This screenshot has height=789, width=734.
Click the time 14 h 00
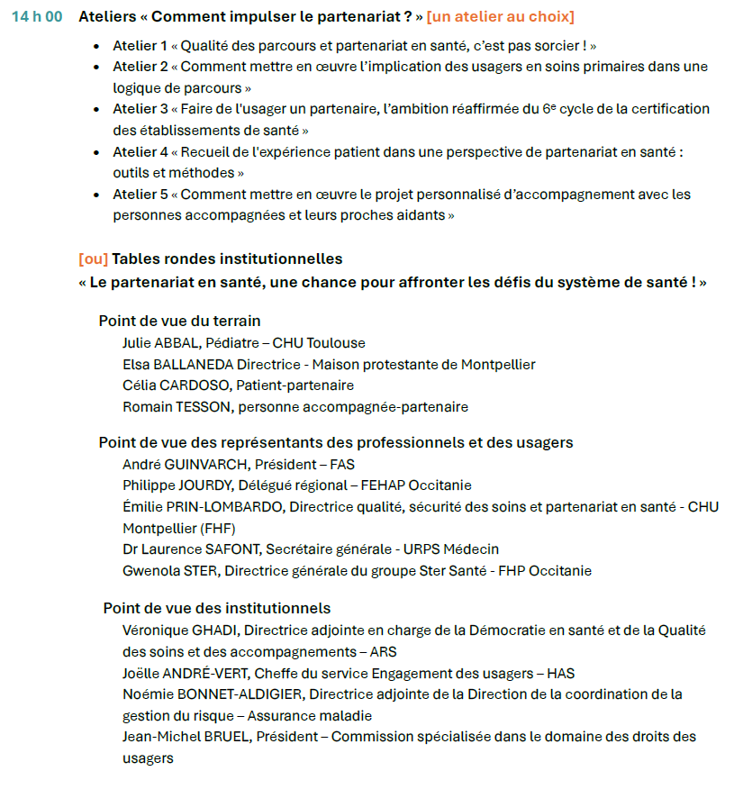pos(37,17)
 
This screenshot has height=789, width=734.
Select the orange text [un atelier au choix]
pos(500,17)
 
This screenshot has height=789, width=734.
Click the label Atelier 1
pos(140,45)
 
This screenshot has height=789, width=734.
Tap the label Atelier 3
pos(140,109)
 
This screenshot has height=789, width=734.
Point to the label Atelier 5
pos(140,195)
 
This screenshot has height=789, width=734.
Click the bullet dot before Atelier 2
pos(97,67)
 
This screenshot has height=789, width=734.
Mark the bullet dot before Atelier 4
pos(97,152)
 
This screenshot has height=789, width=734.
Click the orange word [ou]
pos(93,259)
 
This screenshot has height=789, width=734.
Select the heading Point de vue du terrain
pos(179,322)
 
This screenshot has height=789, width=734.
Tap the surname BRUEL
pos(227,737)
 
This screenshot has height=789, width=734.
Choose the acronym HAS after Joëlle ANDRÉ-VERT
pos(561,674)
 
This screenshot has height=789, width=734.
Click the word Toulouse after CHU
pos(336,343)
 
